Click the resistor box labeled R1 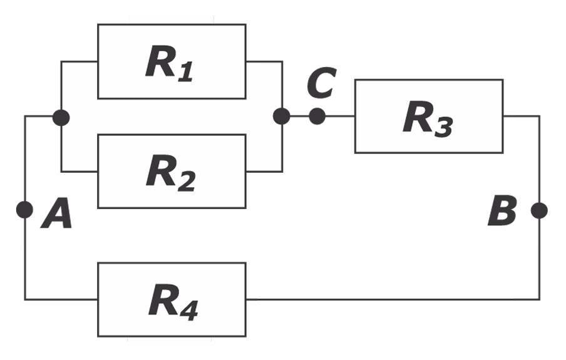click(171, 61)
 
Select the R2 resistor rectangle click(171, 171)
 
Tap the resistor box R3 click(428, 116)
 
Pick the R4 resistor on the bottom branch click(171, 300)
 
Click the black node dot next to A click(24, 210)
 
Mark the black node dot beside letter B click(539, 210)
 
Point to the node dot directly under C click(317, 116)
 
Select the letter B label click(502, 212)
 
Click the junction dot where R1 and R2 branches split click(61, 117)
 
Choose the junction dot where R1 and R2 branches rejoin click(282, 116)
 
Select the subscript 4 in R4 click(187, 311)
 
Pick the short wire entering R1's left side click(80, 61)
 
